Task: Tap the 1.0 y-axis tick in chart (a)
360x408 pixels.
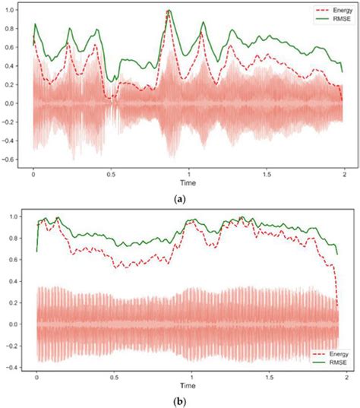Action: (x=19, y=11)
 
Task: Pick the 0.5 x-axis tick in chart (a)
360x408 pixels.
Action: (x=112, y=174)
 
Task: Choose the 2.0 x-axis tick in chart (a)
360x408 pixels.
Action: (x=343, y=174)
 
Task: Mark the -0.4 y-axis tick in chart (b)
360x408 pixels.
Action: (x=17, y=367)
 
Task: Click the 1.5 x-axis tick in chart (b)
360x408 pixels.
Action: (x=269, y=377)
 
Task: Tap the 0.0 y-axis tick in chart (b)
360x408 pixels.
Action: (x=19, y=324)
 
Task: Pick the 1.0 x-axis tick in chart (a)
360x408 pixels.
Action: (x=189, y=174)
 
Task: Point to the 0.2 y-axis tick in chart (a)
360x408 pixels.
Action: (x=19, y=85)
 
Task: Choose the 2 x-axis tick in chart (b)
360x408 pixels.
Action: (x=346, y=377)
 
